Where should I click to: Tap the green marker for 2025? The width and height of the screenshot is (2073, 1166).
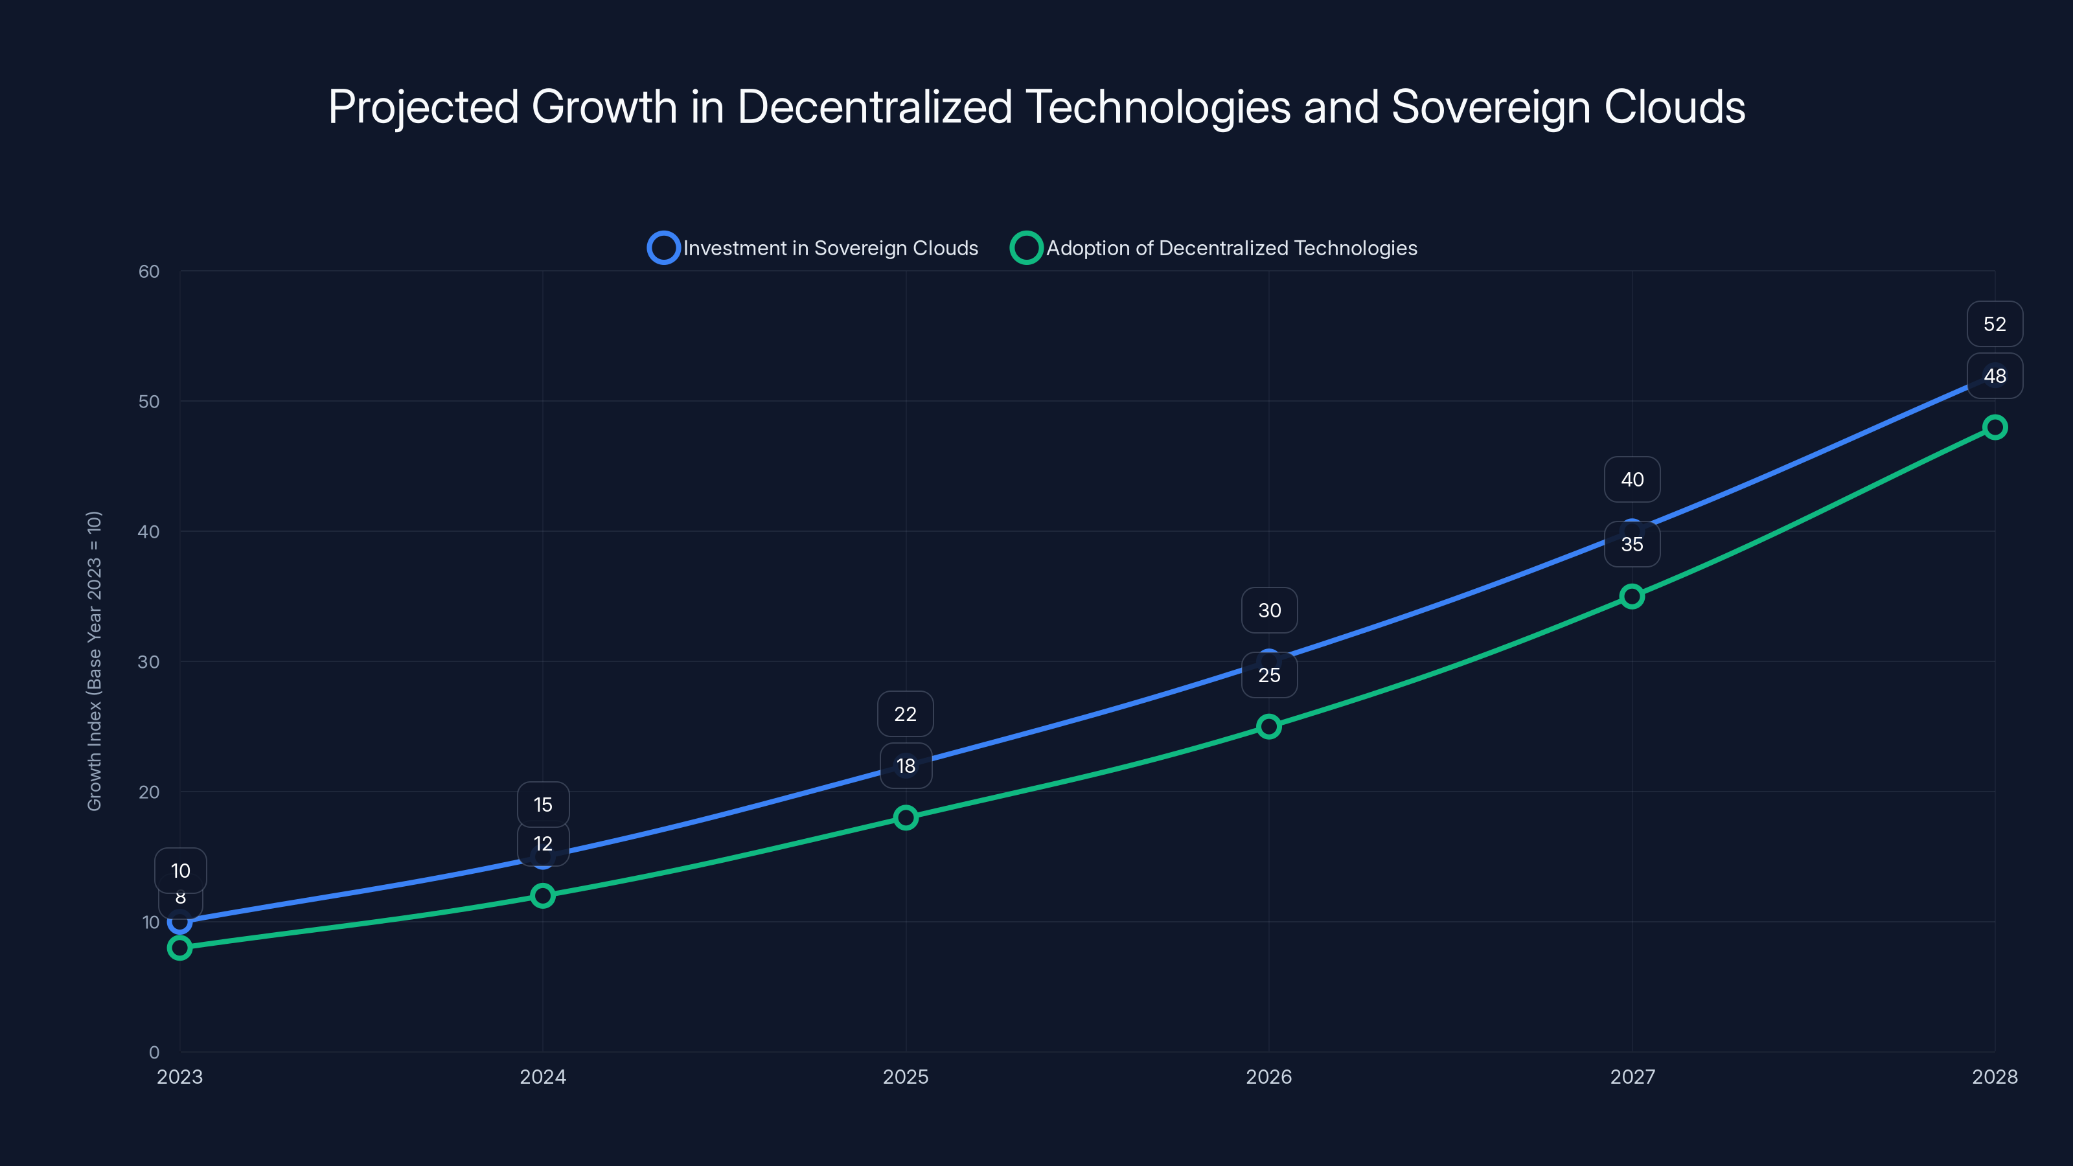tap(906, 817)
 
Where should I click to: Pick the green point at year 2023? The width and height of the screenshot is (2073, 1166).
tap(179, 948)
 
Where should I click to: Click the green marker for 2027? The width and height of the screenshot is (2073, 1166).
tap(1631, 596)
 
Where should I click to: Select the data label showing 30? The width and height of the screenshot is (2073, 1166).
tap(1269, 611)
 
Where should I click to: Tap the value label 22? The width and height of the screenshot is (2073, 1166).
tap(906, 714)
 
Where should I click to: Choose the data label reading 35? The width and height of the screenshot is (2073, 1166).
tap(1631, 545)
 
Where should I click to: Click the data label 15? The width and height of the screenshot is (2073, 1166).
tap(542, 805)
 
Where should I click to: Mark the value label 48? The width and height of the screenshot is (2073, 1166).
tap(1994, 376)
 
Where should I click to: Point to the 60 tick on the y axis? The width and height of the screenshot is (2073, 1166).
tap(149, 271)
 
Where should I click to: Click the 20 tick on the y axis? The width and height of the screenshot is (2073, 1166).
tap(149, 792)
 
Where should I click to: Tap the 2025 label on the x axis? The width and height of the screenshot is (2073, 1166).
tap(906, 1077)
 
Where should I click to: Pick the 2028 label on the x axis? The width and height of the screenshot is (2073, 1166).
tap(1994, 1077)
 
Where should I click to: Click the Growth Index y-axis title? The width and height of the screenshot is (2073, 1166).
tap(94, 660)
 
